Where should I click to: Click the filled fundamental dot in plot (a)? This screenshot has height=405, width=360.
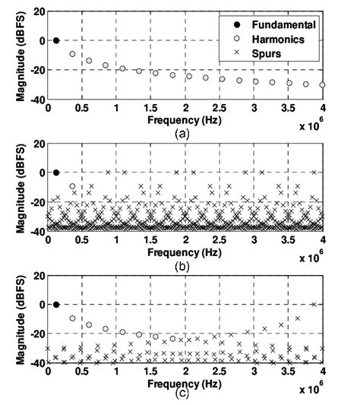click(55, 40)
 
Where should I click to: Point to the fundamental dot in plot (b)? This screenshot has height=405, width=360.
click(55, 172)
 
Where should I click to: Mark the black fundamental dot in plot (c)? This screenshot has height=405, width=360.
click(55, 304)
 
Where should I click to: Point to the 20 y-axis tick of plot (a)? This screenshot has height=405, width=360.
click(36, 11)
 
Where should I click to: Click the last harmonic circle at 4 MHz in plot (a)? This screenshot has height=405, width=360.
click(323, 85)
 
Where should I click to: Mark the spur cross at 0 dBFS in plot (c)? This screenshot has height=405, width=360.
click(314, 304)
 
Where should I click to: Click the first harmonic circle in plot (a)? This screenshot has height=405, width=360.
click(73, 54)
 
